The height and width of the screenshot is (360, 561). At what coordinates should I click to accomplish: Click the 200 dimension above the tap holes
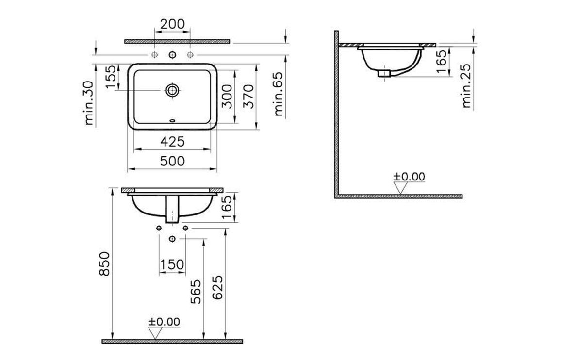(x=172, y=24)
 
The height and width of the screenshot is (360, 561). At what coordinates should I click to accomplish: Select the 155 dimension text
(x=111, y=77)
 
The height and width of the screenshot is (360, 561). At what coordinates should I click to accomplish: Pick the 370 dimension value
(x=248, y=97)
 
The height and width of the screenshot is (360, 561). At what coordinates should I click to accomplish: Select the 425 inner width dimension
(x=172, y=141)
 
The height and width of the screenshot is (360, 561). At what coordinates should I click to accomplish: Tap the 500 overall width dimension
(x=172, y=161)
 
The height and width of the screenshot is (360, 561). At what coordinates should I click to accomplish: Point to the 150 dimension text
(x=172, y=264)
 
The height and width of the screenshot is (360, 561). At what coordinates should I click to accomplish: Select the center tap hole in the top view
(x=172, y=54)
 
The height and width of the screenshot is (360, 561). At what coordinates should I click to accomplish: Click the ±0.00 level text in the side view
(x=409, y=176)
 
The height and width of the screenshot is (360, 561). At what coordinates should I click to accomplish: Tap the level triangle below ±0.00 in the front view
(x=155, y=333)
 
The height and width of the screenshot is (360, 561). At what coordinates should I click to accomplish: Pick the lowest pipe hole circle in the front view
(x=172, y=239)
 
